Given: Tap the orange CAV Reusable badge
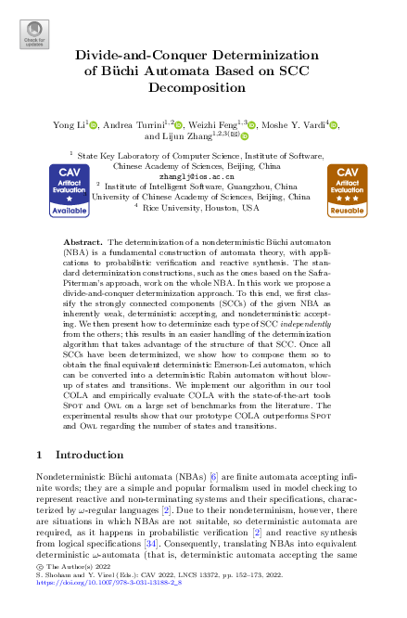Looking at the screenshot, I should click(347, 192).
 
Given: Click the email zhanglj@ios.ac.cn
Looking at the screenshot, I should click(203, 174).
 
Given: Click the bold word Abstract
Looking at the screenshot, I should click(88, 240).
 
